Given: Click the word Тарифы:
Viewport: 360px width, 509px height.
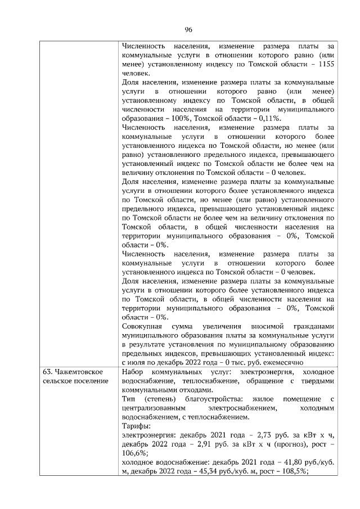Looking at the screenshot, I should coord(135,426).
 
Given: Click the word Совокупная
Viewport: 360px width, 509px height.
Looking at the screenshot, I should coord(143,326).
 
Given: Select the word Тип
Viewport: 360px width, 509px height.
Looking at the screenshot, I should coord(129,399).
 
